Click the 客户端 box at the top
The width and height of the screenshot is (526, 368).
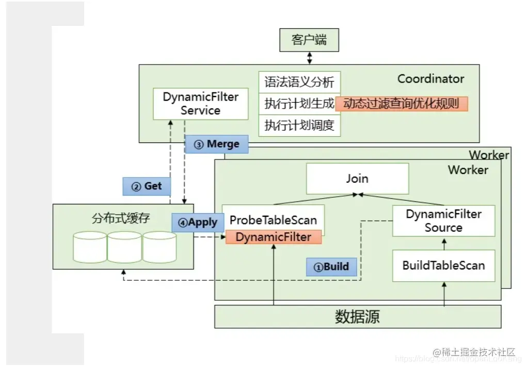click(309, 40)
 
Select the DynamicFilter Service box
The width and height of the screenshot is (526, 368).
click(200, 104)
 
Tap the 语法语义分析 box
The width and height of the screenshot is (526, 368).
click(299, 83)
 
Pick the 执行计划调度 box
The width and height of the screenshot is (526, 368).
click(299, 125)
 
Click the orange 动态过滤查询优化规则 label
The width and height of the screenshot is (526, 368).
click(401, 104)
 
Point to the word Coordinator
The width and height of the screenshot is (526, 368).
click(431, 79)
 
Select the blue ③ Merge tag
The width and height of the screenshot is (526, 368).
click(216, 145)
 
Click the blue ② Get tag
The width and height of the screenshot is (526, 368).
click(147, 186)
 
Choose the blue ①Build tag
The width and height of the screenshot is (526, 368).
click(331, 267)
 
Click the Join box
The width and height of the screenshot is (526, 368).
click(357, 179)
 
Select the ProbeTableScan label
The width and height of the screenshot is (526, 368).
click(273, 220)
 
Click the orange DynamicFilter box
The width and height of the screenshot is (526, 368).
click(273, 237)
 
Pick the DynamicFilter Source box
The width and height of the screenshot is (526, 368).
click(443, 221)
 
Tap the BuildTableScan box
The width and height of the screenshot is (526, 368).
click(443, 266)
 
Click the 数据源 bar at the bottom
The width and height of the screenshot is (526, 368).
click(357, 316)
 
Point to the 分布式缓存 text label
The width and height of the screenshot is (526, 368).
click(121, 218)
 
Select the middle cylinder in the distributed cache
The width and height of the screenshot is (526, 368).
click(124, 247)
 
